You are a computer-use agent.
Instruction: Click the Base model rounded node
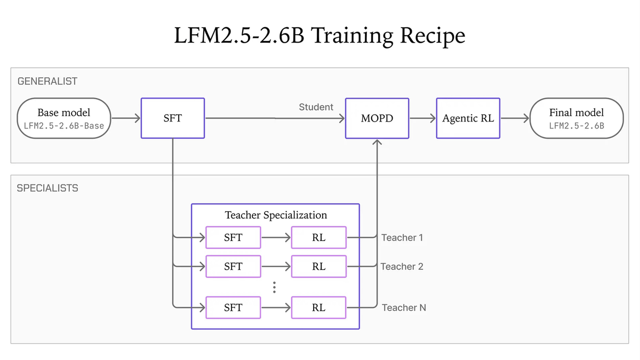pos(64,118)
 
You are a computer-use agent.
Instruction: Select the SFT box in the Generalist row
pos(173,118)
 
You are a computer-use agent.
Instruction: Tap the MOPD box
pos(377,118)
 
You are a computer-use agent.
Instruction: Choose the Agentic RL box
pos(468,118)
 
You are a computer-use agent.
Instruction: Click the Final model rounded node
pos(577,118)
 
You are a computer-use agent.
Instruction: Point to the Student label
pos(316,107)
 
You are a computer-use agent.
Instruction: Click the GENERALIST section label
pos(47,82)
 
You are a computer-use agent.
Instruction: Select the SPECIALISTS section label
pos(47,188)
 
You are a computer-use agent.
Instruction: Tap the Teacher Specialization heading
pos(276,215)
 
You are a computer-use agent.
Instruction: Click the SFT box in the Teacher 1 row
pos(234,237)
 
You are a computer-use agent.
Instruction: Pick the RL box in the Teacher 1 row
pos(319,237)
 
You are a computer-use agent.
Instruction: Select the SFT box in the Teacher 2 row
pos(234,266)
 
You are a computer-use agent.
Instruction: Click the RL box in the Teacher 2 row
pos(319,266)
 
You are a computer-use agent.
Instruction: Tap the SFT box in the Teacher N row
pos(234,308)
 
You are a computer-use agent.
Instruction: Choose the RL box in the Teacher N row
pos(319,308)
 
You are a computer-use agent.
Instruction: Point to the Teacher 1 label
pos(402,238)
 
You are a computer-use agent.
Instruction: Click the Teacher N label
pos(404,308)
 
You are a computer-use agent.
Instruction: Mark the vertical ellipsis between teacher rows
pos(274,287)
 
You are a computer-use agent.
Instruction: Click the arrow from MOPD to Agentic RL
pos(423,118)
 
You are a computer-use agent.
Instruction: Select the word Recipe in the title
pos(433,36)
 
